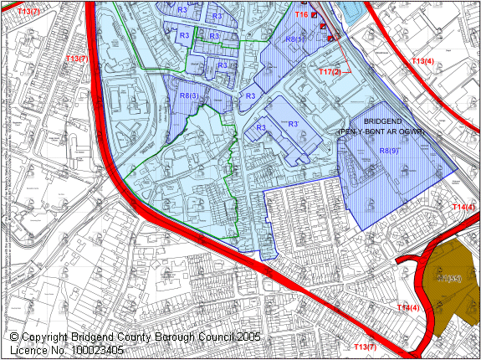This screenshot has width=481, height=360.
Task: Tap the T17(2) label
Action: coord(330,72)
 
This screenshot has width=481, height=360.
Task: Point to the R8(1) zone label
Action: coord(294,39)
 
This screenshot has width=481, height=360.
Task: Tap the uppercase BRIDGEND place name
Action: coord(384,121)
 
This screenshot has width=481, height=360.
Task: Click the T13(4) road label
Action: coord(422,61)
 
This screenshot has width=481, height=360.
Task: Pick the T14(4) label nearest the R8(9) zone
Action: coord(463,207)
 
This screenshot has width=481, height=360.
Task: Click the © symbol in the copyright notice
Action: coord(15,337)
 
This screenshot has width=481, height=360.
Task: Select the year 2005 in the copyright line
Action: coord(247,337)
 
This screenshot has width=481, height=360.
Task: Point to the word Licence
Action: coord(28,350)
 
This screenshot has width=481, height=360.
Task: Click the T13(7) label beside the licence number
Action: coord(365,347)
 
